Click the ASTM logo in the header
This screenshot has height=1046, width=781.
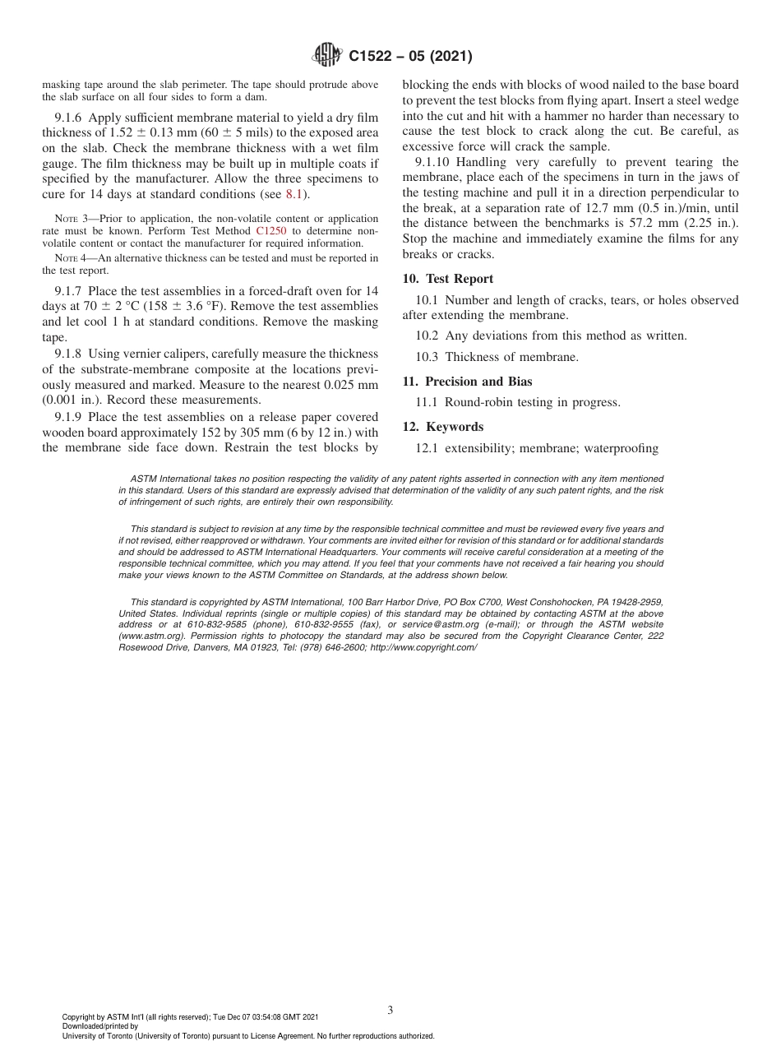[x=328, y=56]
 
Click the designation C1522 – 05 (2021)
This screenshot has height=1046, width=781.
[x=410, y=57]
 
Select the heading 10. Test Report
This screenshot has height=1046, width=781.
[x=448, y=279]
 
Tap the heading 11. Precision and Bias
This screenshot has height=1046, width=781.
[x=467, y=382]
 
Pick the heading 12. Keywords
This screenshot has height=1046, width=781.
[x=443, y=427]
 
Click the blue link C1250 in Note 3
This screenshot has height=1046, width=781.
[x=270, y=231]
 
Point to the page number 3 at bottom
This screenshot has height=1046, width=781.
[x=390, y=1011]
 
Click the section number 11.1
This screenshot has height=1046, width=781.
[x=428, y=402]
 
